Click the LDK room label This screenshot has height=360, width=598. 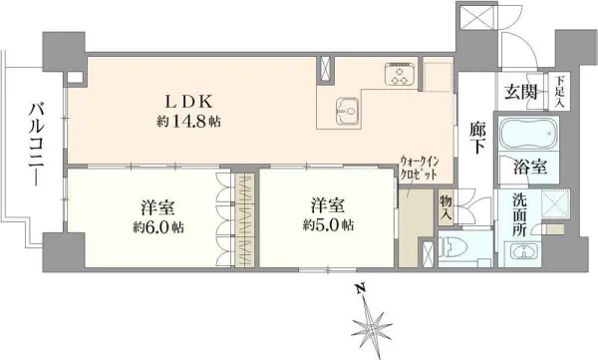[x=188, y=102]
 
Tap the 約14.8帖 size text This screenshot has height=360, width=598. [x=188, y=122]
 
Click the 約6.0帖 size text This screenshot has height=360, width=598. [x=158, y=227]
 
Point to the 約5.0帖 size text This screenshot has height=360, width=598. [x=328, y=224]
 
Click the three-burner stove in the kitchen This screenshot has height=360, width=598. [x=401, y=74]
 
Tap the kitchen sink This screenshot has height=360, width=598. [x=348, y=111]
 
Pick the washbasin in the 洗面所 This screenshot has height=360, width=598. [x=524, y=252]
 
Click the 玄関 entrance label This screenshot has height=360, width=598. [x=521, y=92]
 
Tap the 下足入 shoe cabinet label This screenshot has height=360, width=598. [x=559, y=92]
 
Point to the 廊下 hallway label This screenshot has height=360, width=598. [x=477, y=138]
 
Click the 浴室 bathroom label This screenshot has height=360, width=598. [x=530, y=167]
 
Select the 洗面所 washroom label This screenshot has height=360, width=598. [x=519, y=214]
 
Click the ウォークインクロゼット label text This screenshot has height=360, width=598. [x=420, y=169]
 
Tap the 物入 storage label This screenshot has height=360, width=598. [x=446, y=207]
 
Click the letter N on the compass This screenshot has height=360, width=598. [x=359, y=289]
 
